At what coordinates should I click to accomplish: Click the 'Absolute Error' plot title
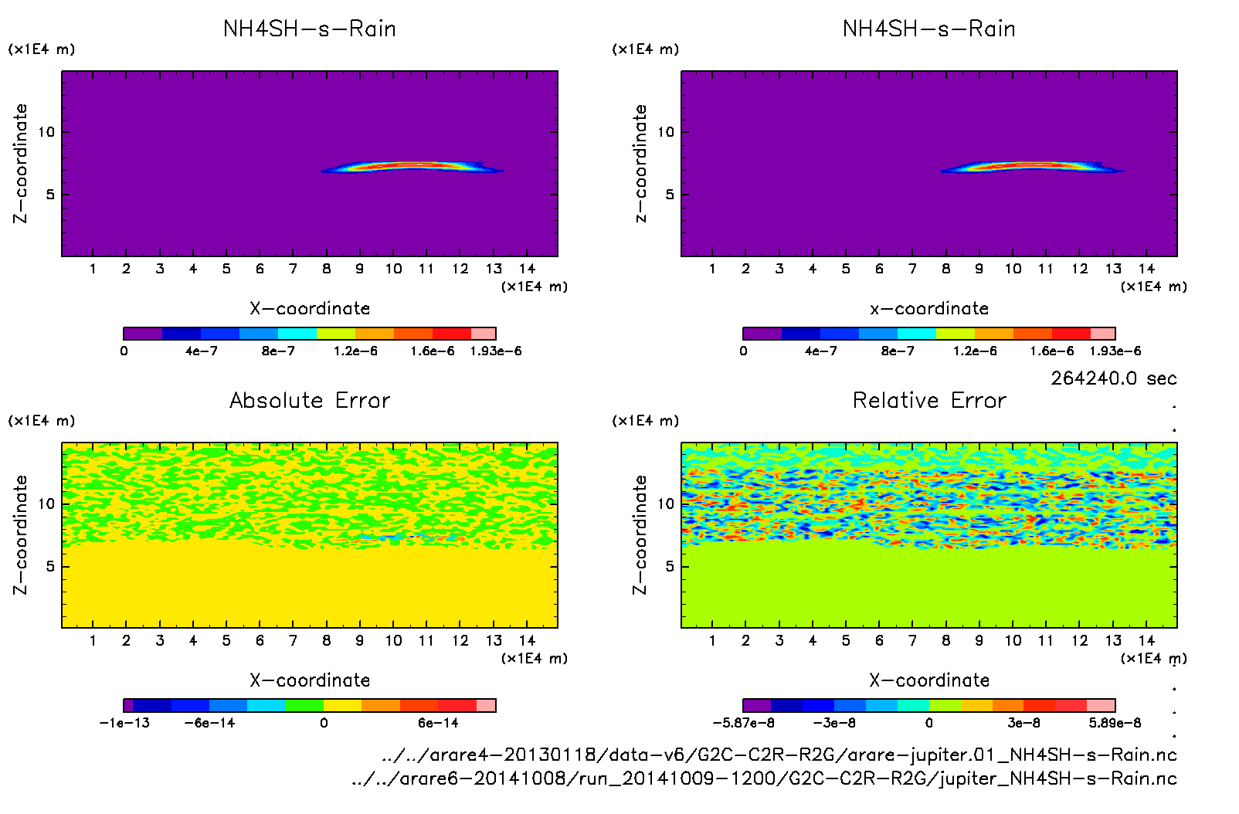tap(310, 400)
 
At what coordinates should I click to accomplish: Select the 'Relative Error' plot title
tap(929, 400)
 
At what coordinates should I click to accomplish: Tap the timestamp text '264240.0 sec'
tap(1113, 378)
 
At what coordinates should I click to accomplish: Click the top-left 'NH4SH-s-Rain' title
tap(310, 29)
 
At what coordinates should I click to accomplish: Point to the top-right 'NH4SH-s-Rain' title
tap(929, 29)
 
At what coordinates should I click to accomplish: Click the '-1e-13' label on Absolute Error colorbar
tap(124, 723)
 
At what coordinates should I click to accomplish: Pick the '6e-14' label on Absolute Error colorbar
tap(438, 723)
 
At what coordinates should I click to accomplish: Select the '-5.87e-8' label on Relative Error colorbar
tap(743, 723)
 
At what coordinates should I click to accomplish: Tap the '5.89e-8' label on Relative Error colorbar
tap(1115, 723)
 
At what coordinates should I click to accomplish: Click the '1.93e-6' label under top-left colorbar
tap(496, 351)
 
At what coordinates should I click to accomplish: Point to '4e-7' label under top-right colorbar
tap(820, 351)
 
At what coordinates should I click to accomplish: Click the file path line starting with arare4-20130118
tap(779, 755)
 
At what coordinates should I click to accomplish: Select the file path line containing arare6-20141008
tap(764, 778)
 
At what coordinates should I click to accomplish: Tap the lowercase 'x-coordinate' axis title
tap(929, 308)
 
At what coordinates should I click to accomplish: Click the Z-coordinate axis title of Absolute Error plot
tap(20, 534)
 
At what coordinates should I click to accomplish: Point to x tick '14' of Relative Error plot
tap(1146, 640)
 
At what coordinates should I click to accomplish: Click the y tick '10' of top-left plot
tap(47, 132)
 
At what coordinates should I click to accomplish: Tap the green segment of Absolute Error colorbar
tap(304, 705)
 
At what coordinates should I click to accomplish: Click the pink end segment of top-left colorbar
tap(484, 334)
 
